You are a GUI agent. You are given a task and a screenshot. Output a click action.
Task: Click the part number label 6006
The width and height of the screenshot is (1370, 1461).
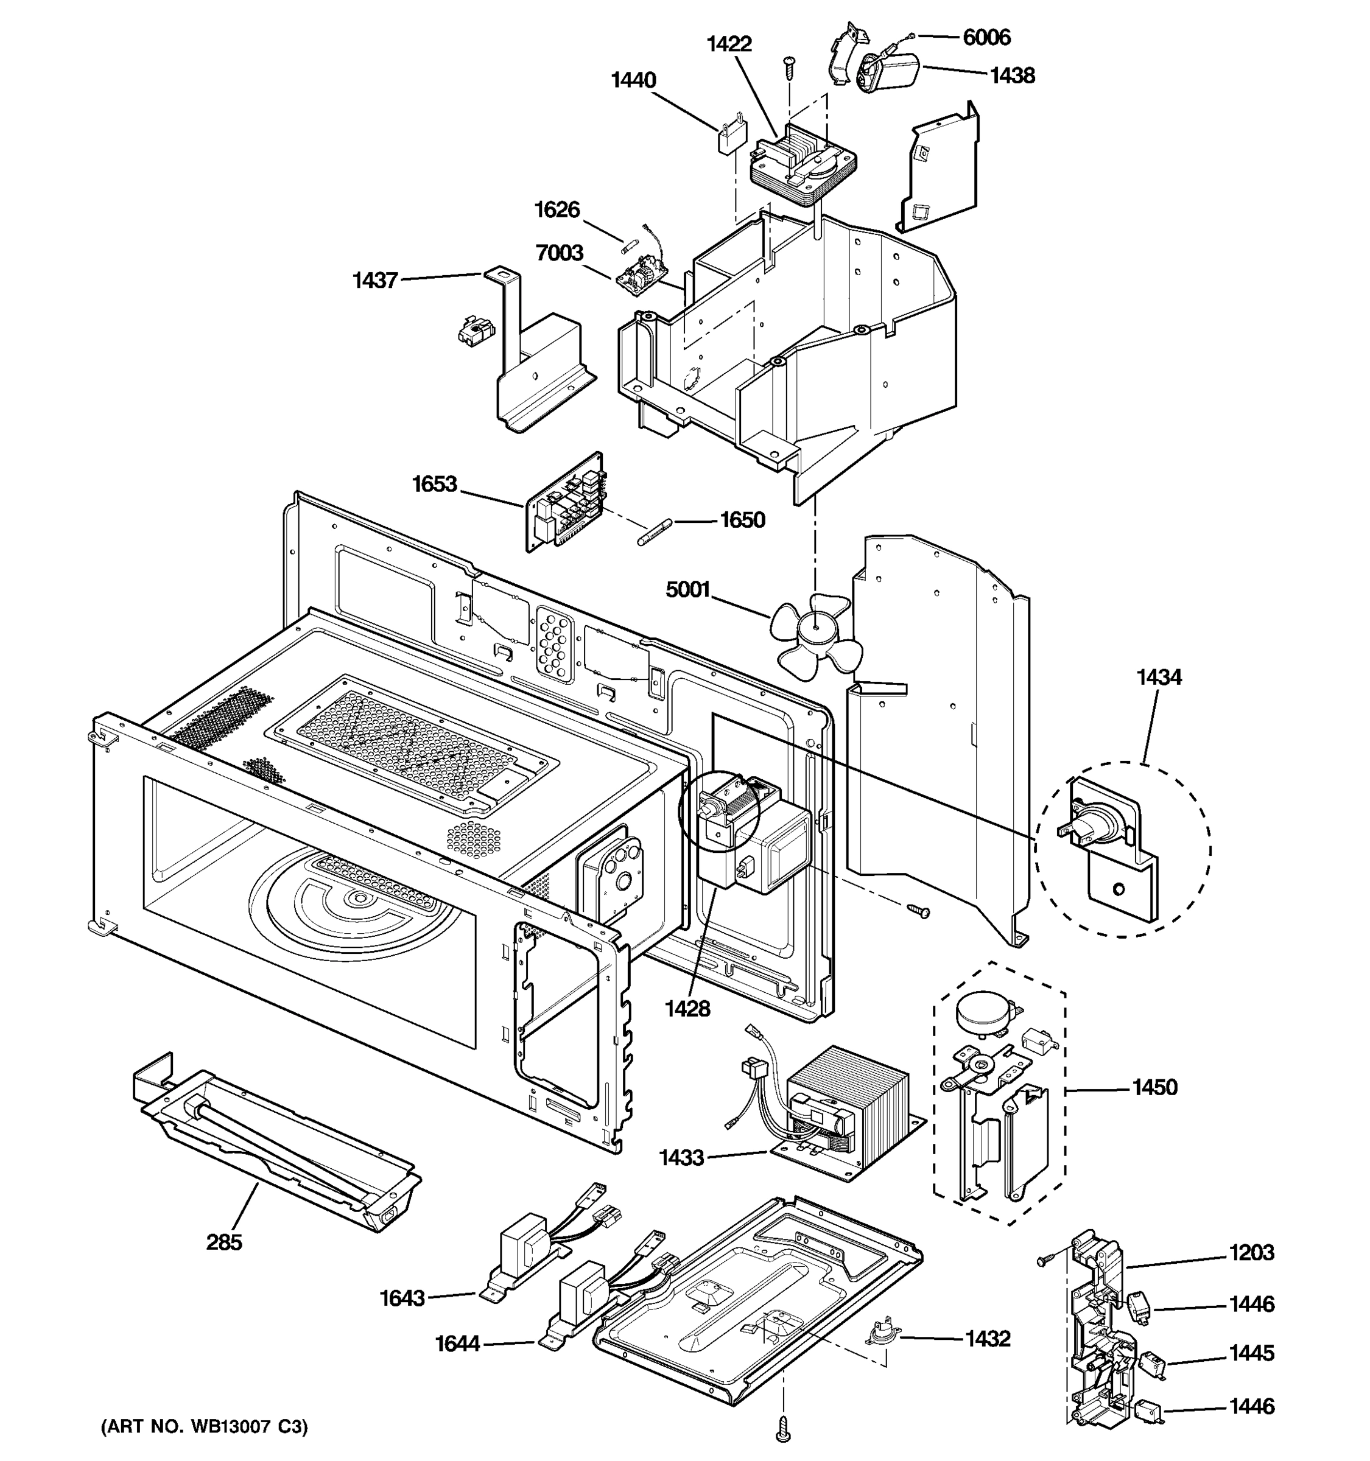click(986, 37)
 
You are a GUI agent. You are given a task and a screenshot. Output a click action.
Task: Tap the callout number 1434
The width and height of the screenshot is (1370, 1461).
click(1159, 677)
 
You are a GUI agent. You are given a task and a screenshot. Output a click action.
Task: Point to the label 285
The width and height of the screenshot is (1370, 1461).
click(223, 1242)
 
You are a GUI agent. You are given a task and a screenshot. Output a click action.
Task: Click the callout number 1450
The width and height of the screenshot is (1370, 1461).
click(1154, 1087)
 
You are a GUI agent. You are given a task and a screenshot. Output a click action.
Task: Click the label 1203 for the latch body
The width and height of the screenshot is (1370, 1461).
click(1252, 1252)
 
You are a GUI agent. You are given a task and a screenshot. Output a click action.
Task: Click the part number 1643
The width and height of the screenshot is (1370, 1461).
click(402, 1298)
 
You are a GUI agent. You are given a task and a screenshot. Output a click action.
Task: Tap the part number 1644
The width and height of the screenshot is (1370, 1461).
click(457, 1344)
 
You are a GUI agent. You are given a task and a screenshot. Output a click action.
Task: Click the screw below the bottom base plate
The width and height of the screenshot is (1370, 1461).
click(784, 1428)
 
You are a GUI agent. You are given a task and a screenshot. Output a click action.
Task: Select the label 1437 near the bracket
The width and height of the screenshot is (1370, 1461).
click(375, 280)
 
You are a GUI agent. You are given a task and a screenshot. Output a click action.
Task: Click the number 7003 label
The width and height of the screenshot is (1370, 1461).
click(560, 253)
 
